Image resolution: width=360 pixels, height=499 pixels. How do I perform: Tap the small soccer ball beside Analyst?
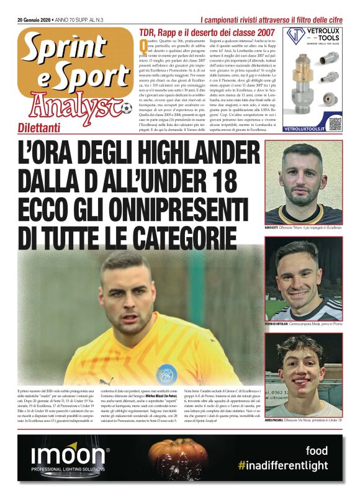click(127, 109)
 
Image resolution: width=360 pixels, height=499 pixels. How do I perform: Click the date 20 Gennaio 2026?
click(36, 20)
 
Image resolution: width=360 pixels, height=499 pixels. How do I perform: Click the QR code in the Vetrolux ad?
click(335, 123)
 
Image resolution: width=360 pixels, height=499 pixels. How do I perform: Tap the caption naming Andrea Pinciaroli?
click(303, 421)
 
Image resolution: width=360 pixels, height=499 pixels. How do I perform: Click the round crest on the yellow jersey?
click(166, 374)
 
